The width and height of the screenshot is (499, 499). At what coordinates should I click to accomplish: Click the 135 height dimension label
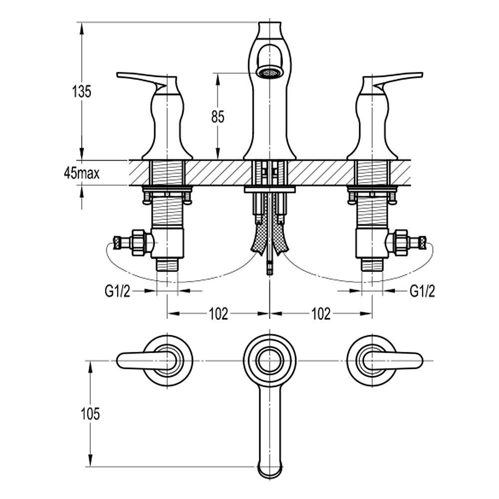81,91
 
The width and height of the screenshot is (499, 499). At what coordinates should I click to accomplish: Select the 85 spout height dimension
218,117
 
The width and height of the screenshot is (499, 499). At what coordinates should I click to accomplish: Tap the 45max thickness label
81,173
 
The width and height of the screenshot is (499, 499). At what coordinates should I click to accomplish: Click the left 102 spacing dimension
218,314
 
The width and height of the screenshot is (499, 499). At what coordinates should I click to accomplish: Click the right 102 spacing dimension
321,314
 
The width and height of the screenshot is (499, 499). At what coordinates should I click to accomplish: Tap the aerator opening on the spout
269,73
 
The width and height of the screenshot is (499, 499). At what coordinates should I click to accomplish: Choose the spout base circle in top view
269,360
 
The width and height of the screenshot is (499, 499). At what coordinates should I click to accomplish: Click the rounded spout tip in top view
269,469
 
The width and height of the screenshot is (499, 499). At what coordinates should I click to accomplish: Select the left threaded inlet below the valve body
167,264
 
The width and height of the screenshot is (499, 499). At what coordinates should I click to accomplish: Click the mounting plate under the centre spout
269,190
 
